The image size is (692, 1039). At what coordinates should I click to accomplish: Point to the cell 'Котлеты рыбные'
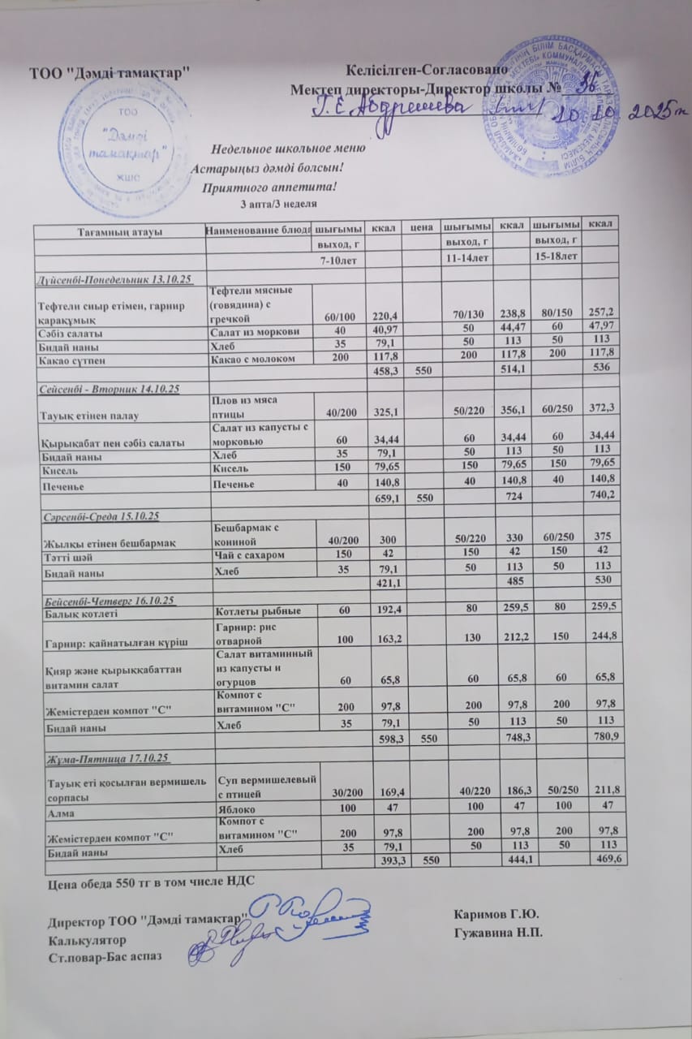coord(256,610)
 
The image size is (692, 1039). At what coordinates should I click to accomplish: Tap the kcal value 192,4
coord(387,610)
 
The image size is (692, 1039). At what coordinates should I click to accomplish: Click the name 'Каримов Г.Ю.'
coord(498,916)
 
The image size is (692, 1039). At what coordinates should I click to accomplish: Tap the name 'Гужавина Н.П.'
coord(498,931)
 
